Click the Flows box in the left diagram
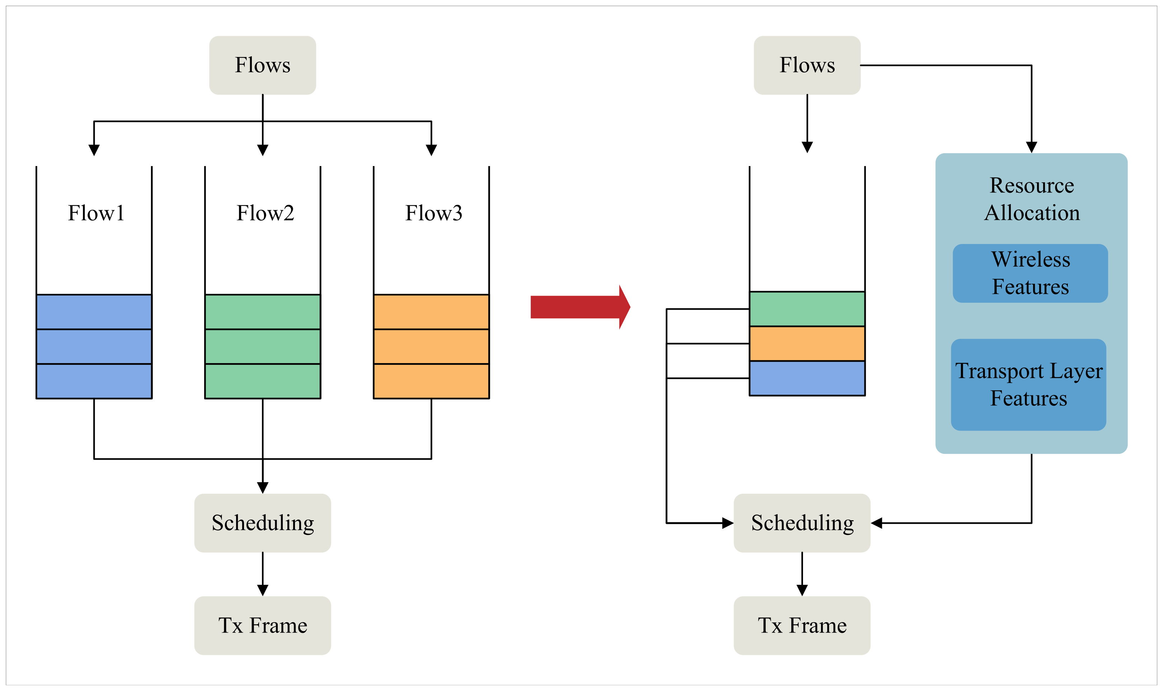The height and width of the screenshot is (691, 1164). coord(263,65)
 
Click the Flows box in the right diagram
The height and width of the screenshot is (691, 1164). coord(807,65)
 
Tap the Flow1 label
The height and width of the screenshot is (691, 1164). coord(96,213)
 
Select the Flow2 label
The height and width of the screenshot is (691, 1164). coord(265,213)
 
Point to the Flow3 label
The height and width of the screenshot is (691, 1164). coord(433,213)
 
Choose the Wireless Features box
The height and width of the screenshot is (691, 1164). coord(1030,273)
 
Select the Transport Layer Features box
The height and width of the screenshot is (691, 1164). coord(1028,385)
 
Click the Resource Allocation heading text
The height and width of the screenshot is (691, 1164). coord(1031,199)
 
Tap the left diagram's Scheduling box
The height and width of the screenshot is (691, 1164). coord(263,523)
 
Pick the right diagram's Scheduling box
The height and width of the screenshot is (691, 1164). coord(802,523)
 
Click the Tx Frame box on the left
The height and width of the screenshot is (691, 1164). coord(263,625)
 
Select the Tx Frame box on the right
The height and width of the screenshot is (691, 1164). coord(802,625)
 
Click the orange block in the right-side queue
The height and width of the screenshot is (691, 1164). coord(807,344)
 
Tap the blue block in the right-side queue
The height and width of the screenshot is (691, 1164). coord(807,378)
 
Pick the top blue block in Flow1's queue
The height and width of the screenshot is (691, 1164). coord(94,312)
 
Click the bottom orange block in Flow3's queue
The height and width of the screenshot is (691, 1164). coord(431,381)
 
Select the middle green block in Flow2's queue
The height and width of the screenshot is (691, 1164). coord(263,347)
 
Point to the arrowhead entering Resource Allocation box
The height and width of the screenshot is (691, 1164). coord(1031,147)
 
